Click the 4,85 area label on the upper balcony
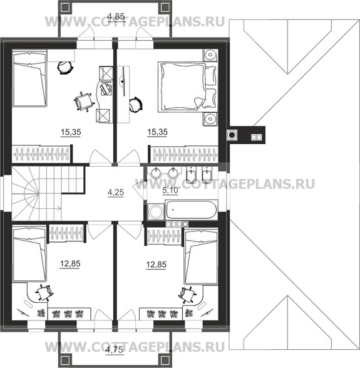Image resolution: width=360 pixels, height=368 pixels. point(116,17)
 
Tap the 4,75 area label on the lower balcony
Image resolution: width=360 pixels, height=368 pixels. point(114,350)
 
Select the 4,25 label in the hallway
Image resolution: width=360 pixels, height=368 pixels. point(116,192)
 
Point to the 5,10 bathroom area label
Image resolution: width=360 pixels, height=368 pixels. point(170,191)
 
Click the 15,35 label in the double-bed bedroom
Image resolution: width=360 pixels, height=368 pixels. point(157,132)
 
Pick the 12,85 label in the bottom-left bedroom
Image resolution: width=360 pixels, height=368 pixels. point(70,264)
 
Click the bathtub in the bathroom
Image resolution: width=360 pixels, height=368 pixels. point(192,209)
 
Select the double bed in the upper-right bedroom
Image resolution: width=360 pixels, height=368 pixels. point(187,87)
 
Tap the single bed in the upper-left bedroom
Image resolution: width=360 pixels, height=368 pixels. point(29,78)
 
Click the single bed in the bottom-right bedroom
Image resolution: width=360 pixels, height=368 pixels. point(201,256)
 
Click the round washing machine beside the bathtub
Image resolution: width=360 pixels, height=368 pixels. point(156,212)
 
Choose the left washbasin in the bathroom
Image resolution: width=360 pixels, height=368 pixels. point(155,173)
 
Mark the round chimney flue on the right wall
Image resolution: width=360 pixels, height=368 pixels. point(232,135)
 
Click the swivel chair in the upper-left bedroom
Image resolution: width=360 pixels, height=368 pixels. point(83,102)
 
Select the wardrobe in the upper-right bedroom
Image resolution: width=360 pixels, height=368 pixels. point(184,154)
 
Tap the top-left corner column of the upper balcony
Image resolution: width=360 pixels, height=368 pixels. point(64,8)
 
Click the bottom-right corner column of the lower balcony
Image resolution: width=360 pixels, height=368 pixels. point(165,360)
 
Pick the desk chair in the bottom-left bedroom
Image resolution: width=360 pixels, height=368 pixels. point(44,292)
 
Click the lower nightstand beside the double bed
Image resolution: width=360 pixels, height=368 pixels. point(210,119)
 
